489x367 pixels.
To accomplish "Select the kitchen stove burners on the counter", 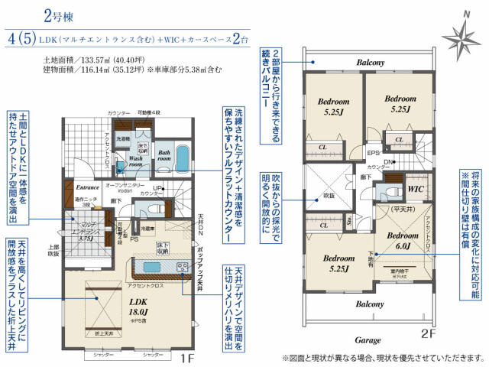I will (x=184, y=268).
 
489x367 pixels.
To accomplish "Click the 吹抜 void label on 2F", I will (x=329, y=196).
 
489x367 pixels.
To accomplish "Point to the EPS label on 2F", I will (x=374, y=152).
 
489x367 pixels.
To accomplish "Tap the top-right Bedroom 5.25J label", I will (x=400, y=103).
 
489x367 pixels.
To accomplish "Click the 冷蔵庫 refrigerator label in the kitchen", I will (x=148, y=227).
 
